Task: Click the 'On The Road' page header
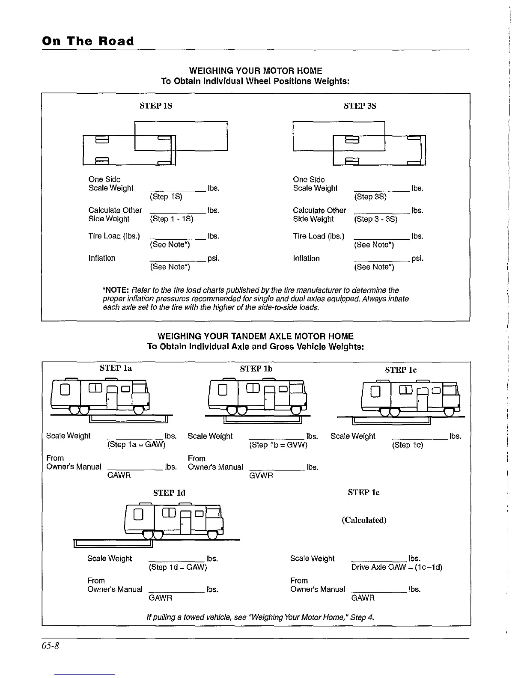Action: click(88, 41)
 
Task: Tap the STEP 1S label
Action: click(156, 106)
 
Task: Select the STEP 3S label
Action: click(360, 106)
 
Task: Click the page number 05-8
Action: click(50, 645)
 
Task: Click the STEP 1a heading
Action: click(116, 368)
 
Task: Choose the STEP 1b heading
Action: click(256, 369)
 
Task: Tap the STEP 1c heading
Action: click(401, 370)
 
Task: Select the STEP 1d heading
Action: click(169, 493)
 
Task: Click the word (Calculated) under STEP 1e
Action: click(364, 520)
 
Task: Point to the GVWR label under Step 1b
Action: click(261, 476)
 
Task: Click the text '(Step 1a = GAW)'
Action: click(136, 444)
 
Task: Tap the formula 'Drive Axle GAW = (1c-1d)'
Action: click(396, 567)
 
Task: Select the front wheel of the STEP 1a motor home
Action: click(138, 410)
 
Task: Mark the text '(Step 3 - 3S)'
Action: click(375, 219)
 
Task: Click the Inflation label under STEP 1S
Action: click(102, 258)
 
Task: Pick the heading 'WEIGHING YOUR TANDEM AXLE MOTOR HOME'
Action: click(255, 336)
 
